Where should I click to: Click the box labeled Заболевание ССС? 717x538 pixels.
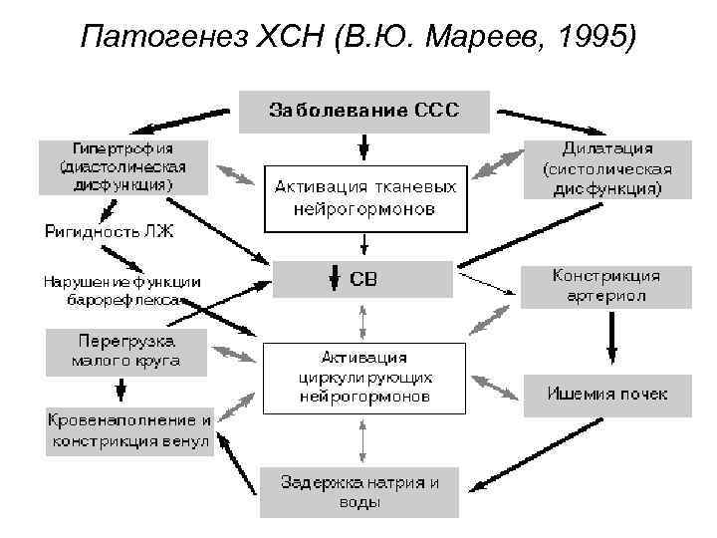363,111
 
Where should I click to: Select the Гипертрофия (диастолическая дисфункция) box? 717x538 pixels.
123,165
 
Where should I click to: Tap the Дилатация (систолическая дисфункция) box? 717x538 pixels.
607,168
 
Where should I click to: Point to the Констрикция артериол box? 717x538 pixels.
606,286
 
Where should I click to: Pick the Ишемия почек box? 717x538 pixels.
606,393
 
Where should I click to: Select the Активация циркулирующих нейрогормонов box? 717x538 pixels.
363,377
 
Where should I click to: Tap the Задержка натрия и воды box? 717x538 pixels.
359,491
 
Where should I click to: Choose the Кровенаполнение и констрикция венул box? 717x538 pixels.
129,429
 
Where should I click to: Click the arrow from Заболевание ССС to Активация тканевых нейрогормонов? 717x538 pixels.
363,145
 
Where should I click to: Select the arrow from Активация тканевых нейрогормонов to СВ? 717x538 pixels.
364,243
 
